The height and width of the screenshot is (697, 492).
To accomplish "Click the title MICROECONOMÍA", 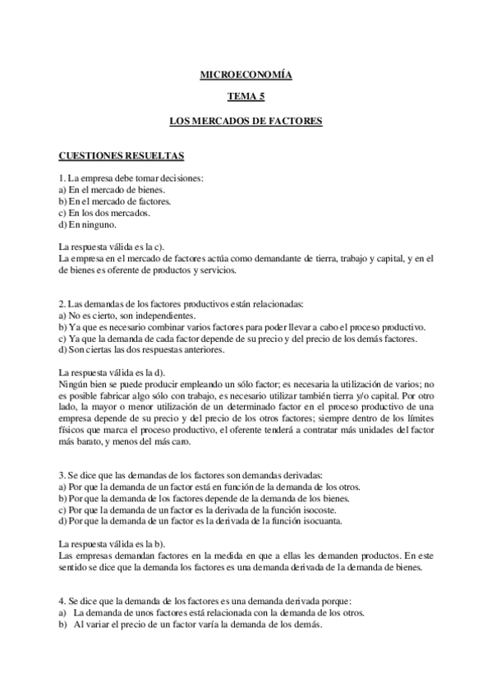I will tap(246, 76).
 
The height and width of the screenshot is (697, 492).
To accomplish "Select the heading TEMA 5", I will tap(246, 98).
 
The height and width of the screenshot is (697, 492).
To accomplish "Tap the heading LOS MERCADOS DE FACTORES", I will tap(246, 121).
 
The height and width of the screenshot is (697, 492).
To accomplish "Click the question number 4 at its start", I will tap(62, 601).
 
